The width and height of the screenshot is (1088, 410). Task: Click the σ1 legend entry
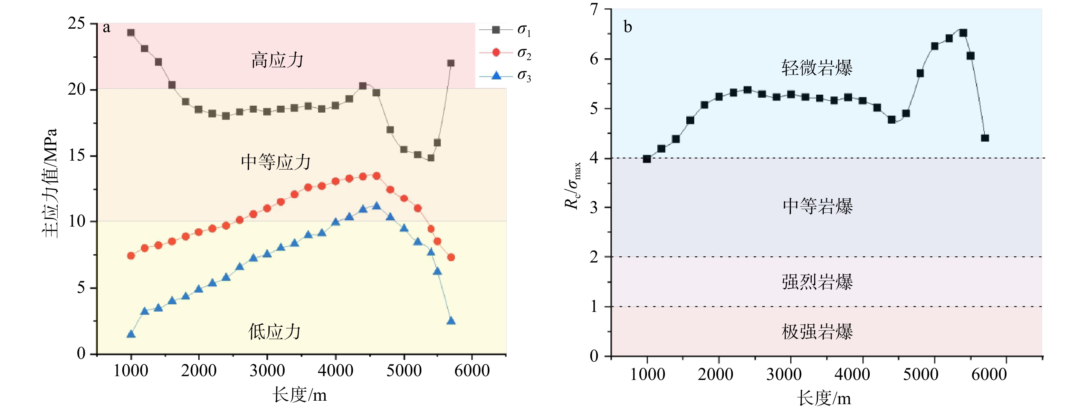tap(505, 30)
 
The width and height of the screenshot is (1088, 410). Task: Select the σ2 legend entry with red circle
tap(505, 53)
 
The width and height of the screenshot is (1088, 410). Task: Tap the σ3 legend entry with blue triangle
tap(505, 76)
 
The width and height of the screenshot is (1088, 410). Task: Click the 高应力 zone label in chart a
tap(277, 60)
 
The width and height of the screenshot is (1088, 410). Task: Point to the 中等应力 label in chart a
tap(276, 162)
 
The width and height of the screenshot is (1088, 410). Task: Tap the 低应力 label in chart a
tap(275, 332)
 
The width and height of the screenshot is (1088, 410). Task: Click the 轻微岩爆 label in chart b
tap(817, 68)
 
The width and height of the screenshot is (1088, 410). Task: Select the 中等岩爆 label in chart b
tap(818, 207)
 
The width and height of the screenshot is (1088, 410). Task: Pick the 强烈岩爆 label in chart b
tap(817, 282)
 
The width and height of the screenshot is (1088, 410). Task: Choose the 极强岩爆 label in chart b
tap(817, 332)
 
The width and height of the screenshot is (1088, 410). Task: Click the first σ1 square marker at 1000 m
tap(131, 32)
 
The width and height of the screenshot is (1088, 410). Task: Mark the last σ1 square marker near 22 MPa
tap(451, 63)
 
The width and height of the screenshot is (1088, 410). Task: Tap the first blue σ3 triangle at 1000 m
tap(131, 334)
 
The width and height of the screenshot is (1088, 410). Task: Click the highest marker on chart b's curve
tap(963, 33)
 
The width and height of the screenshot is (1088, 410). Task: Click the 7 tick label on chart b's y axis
tap(594, 9)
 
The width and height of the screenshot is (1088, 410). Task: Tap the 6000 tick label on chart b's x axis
tap(989, 374)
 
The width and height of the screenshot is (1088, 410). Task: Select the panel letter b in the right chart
tap(628, 27)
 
